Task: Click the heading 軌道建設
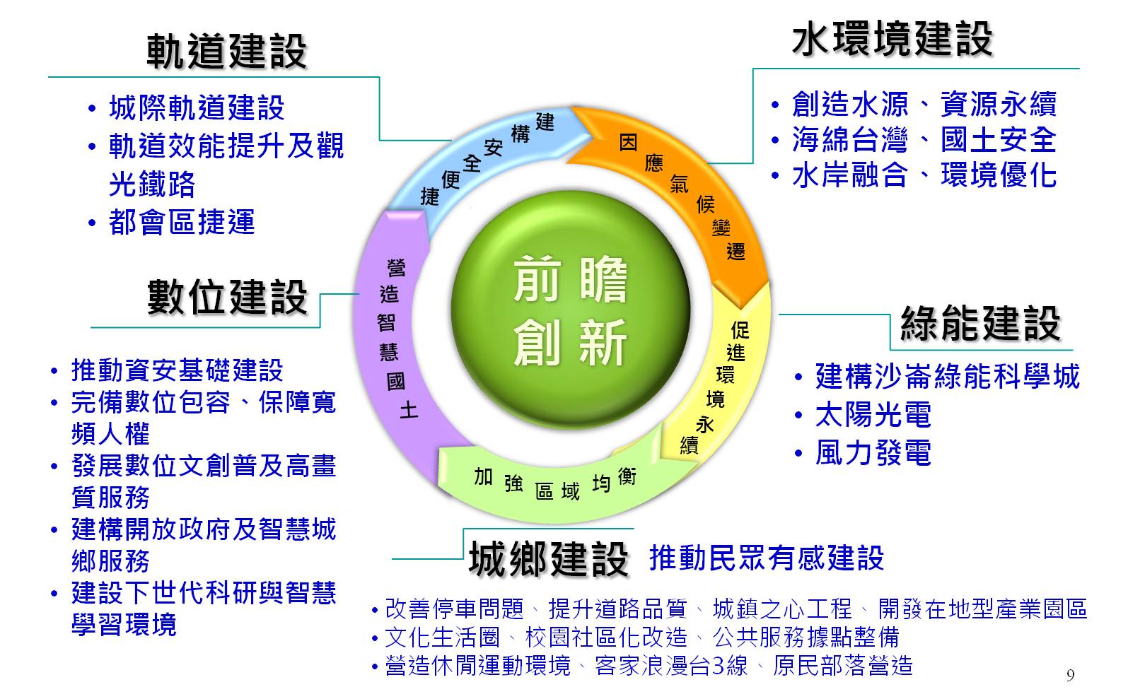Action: (226, 52)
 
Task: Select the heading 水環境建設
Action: (892, 40)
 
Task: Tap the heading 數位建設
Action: (227, 298)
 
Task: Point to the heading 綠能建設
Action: (980, 323)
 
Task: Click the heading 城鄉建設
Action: (548, 559)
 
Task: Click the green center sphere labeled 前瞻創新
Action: (570, 310)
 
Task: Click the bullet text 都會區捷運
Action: (182, 222)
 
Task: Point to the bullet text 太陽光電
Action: (873, 415)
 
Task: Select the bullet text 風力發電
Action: (873, 452)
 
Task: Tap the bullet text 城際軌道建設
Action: (197, 107)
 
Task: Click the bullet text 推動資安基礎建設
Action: (178, 370)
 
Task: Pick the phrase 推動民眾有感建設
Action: (767, 558)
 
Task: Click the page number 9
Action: (1070, 675)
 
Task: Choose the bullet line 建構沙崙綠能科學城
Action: (947, 376)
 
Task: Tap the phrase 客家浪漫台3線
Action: (671, 665)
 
